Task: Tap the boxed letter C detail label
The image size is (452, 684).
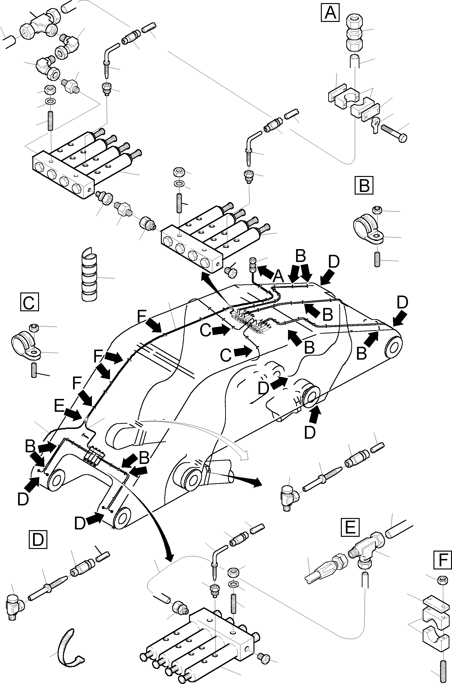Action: click(x=30, y=302)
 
